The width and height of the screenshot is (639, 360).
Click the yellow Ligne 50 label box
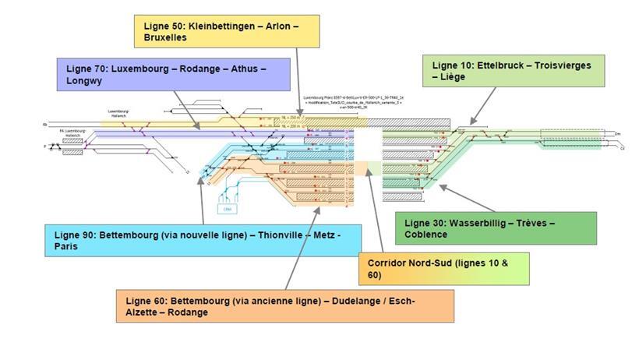[227, 31]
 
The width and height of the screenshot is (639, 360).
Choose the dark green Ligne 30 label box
[496, 228]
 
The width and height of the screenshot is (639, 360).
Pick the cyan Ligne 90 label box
[203, 240]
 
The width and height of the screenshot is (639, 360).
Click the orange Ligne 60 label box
[285, 306]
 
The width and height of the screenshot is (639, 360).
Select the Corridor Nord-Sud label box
[443, 269]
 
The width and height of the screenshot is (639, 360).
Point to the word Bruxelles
[165, 37]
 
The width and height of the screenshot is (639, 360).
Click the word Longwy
[86, 80]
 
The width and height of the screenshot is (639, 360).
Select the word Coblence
[425, 235]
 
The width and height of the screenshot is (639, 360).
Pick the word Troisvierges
[560, 65]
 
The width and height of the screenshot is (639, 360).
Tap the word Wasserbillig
[471, 223]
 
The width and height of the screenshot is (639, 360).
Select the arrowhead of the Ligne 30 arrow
[440, 185]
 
